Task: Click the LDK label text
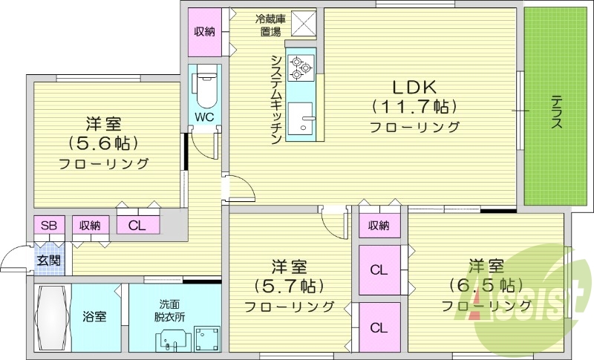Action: coord(413,85)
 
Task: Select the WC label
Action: coord(205,117)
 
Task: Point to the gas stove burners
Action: coord(301,66)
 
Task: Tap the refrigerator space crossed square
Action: coord(303,24)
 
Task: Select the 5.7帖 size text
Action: coord(289,285)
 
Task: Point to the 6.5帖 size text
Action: coord(486,285)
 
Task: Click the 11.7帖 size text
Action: coord(414,105)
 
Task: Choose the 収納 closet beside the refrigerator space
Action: coord(205,31)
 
